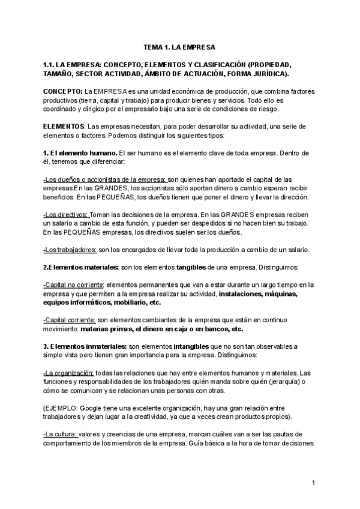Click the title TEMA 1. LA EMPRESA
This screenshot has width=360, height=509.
(179, 46)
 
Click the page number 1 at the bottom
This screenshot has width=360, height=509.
(313, 483)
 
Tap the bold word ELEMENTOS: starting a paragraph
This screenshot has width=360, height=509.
(64, 127)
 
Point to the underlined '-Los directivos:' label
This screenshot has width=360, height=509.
(66, 214)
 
